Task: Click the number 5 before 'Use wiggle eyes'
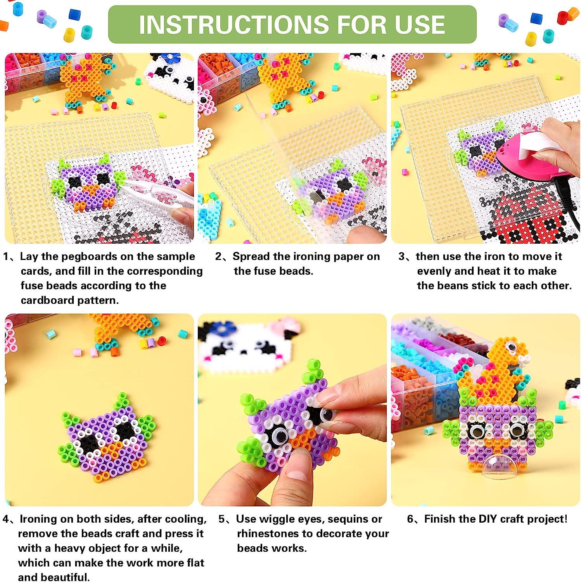221,519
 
